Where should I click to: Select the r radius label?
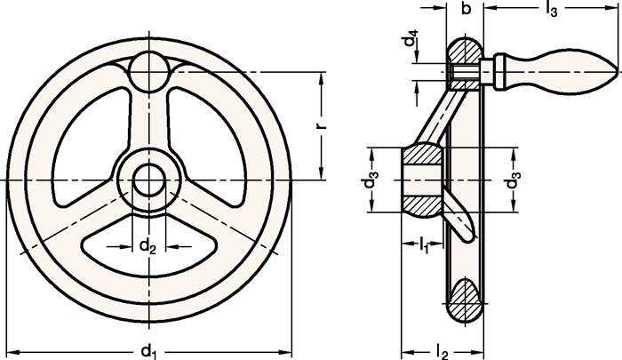(322, 125)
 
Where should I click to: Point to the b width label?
(464, 10)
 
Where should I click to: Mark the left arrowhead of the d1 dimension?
(11, 350)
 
